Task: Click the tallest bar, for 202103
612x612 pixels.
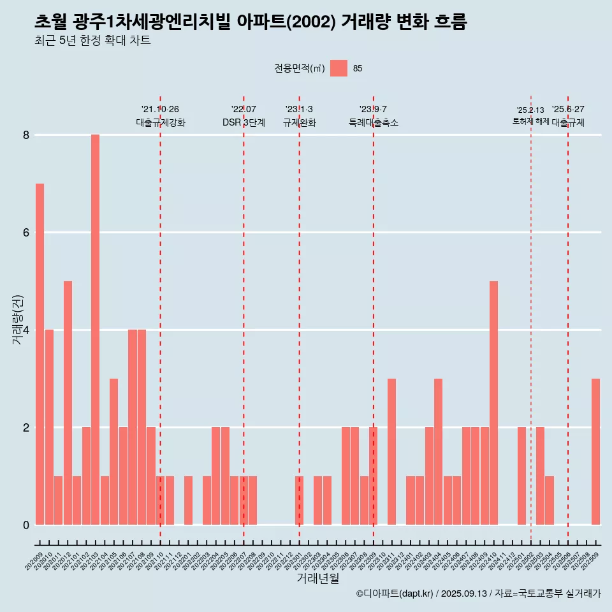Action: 95,330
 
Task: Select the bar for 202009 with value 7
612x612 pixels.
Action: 40,354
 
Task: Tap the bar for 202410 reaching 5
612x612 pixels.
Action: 493,403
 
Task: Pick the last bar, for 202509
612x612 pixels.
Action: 595,451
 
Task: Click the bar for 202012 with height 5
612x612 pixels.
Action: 68,403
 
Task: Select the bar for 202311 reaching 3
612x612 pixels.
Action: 391,451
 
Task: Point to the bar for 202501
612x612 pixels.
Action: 521,476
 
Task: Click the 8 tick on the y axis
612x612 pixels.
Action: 26,135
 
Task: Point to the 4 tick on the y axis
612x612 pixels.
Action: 26,330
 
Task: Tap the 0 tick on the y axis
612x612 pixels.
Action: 26,525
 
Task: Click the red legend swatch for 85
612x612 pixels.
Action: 339,68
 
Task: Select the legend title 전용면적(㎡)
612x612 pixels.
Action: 299,68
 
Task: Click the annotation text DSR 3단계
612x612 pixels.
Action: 244,122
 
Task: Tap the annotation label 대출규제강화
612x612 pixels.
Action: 161,122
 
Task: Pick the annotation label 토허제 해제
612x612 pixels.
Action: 530,121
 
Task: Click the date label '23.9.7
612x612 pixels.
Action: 373,109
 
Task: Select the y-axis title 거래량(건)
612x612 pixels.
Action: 18,319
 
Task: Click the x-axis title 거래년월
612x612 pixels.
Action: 317,578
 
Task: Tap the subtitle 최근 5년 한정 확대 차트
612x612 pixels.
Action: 92,41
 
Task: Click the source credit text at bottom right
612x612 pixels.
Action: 478,594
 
